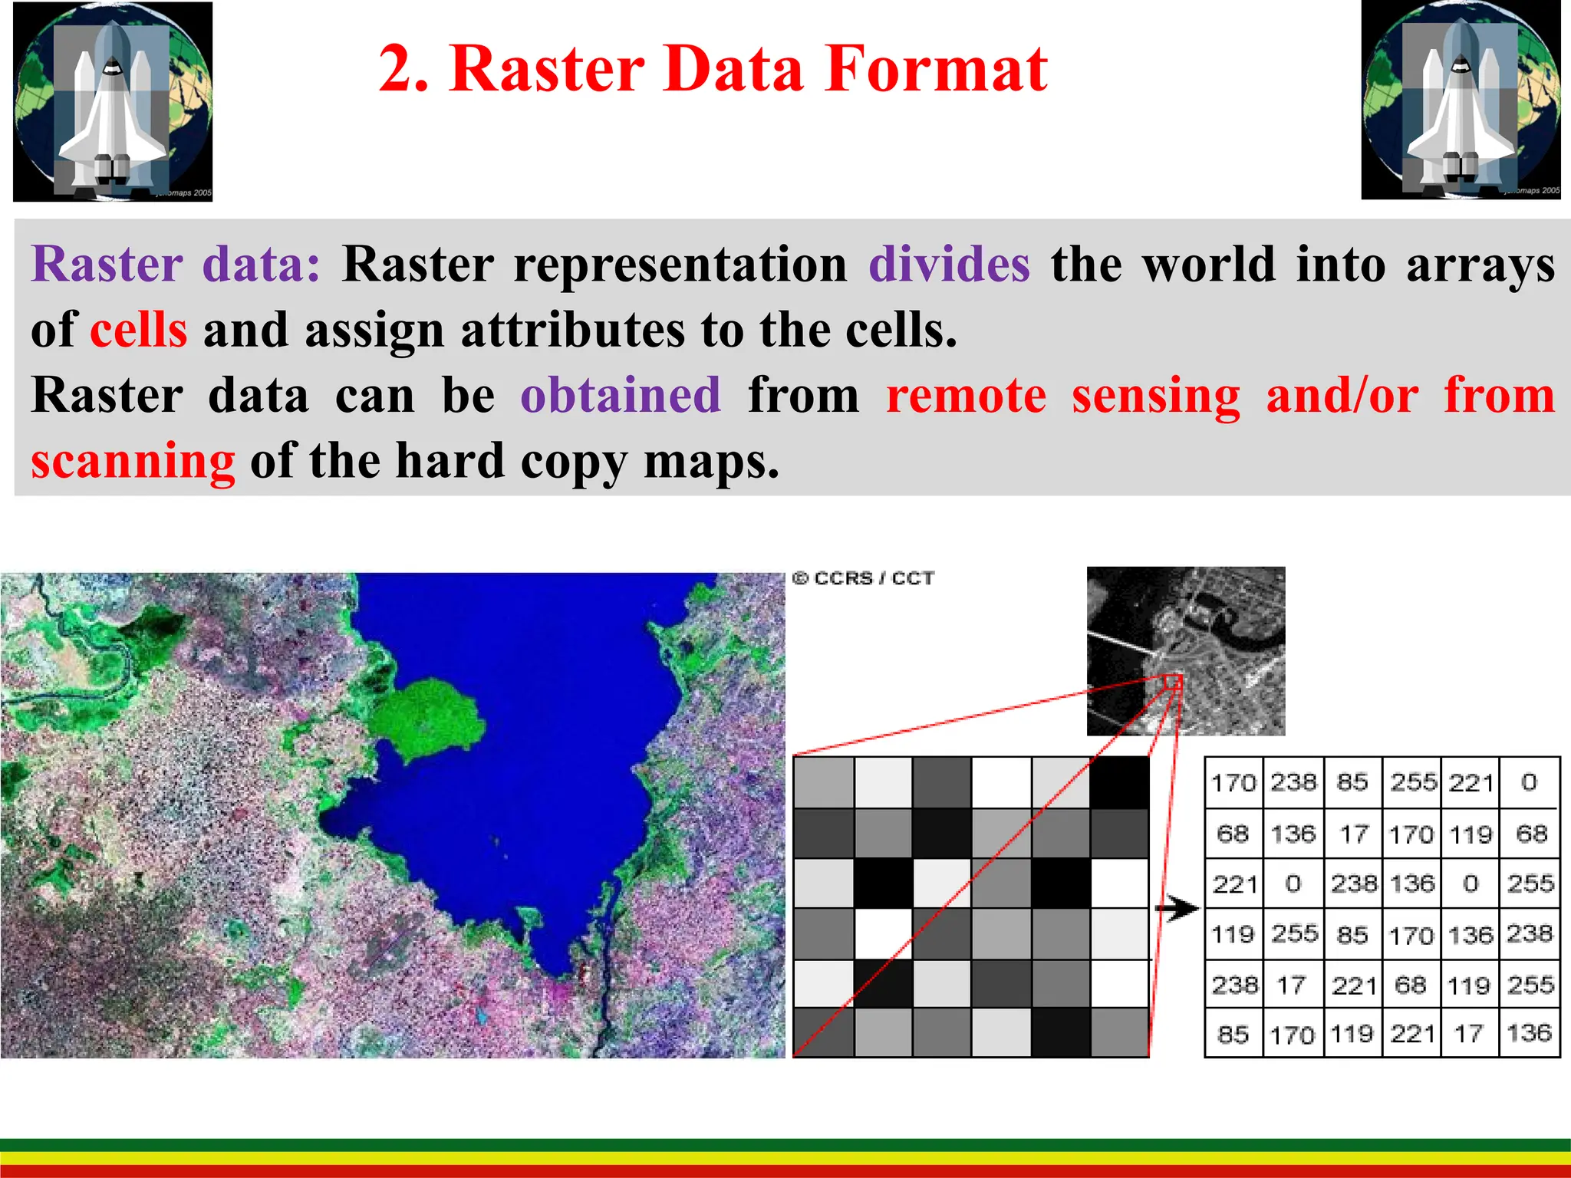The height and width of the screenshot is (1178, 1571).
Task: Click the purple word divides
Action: (949, 265)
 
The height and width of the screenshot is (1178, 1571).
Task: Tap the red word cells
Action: (138, 331)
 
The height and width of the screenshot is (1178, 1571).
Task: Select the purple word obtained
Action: (621, 396)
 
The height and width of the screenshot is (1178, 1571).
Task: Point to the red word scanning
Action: (133, 462)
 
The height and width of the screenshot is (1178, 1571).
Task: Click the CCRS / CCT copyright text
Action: (863, 578)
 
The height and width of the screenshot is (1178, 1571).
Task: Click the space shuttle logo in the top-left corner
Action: (113, 101)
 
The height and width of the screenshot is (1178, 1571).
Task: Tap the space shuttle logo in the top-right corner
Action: (1461, 100)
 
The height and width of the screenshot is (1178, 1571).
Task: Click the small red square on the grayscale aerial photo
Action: (1172, 682)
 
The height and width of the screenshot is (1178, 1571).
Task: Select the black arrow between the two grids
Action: (1176, 910)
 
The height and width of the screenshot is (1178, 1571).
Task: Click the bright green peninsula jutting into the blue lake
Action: (426, 717)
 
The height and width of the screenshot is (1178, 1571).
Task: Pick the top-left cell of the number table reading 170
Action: (1233, 783)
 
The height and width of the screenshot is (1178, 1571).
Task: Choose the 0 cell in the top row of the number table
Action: (1529, 782)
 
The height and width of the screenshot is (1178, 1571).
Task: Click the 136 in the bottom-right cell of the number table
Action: (1529, 1033)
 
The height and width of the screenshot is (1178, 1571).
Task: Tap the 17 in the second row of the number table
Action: (1354, 834)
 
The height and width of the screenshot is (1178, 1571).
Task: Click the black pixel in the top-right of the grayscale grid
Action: (1119, 781)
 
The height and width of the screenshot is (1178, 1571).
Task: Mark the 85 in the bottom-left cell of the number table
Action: (1233, 1034)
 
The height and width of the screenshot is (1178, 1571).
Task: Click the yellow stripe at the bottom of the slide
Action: (785, 1158)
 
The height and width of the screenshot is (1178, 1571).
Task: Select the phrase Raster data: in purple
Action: (175, 265)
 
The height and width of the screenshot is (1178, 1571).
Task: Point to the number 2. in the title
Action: (404, 69)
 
